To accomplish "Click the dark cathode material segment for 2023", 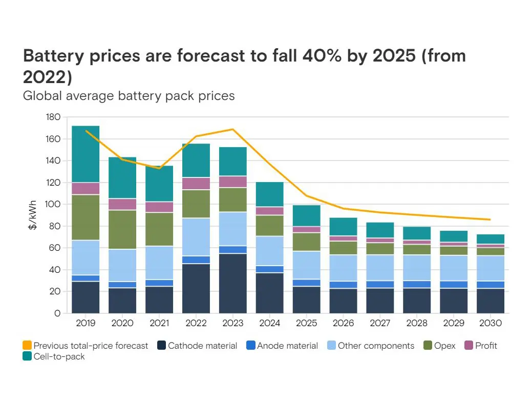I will tap(233, 283).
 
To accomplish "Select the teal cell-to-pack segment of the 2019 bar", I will tap(86, 154).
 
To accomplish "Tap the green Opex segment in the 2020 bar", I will tap(122, 230).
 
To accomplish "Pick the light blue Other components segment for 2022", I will tap(196, 237).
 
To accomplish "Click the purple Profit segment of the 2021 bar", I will tap(159, 207).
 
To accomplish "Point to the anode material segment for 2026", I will tap(343, 285).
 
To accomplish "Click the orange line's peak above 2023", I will tap(233, 129).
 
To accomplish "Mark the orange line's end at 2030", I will tap(490, 219).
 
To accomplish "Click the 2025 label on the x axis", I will tap(306, 324).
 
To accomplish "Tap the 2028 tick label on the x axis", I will tap(417, 324).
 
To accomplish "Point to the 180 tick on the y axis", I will tap(53, 117).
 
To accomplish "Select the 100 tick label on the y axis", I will tap(53, 205).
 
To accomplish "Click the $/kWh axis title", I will tap(32, 215).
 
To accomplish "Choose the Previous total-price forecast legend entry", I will tap(86, 346).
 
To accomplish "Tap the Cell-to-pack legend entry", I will tap(54, 356).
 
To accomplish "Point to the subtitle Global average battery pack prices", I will tap(129, 95).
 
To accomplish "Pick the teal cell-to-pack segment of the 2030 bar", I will tap(490, 239).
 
